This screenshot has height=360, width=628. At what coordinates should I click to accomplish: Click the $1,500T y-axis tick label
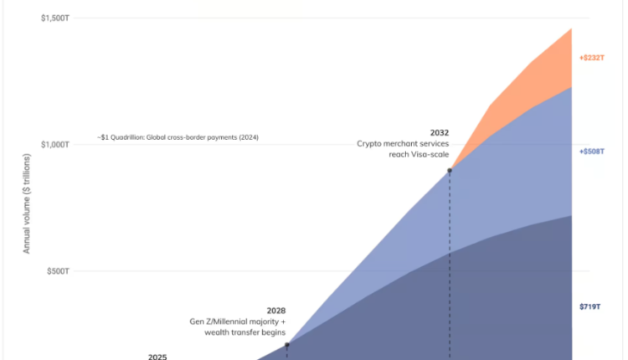[54, 18]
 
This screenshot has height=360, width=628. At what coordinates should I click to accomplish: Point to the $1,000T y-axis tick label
[54, 145]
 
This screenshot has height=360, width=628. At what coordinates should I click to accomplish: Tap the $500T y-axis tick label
[57, 271]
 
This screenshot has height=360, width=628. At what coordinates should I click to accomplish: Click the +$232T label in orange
[591, 58]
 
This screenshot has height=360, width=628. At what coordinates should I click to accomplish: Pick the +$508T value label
[591, 152]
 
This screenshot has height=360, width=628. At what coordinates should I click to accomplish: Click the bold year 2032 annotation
[439, 132]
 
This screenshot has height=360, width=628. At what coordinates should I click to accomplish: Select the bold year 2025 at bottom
[157, 357]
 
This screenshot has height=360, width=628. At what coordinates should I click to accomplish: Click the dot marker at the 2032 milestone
[450, 171]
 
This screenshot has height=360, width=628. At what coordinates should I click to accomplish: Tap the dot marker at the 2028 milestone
[286, 345]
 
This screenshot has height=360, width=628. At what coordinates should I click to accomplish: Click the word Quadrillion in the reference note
[133, 136]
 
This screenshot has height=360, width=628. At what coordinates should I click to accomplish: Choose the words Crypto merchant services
[403, 144]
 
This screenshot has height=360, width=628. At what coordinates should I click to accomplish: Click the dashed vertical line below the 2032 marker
[450, 268]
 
